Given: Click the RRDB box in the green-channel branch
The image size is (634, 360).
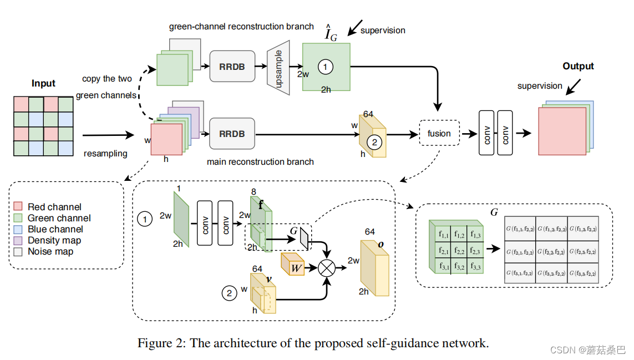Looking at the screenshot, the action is click(x=232, y=67).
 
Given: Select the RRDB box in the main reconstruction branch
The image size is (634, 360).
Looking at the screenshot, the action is click(x=232, y=134).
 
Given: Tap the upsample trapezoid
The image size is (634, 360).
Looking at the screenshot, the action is click(x=278, y=68).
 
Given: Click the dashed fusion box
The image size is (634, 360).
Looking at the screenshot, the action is click(x=439, y=133).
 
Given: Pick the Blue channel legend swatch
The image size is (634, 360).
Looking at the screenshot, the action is click(x=18, y=229).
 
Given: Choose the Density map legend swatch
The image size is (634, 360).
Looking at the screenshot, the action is click(x=18, y=240).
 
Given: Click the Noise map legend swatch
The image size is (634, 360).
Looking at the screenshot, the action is click(x=18, y=252).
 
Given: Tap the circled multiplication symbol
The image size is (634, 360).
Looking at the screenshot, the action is click(x=327, y=268).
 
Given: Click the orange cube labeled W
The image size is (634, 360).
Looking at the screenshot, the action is click(x=292, y=264).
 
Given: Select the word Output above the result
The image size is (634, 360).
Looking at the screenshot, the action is click(x=578, y=67).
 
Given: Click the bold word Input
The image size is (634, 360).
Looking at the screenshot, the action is click(x=43, y=83).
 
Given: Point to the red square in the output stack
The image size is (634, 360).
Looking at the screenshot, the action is click(x=562, y=131).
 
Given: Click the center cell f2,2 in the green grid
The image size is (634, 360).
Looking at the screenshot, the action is click(x=459, y=251).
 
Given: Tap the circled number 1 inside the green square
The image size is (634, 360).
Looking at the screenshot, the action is click(x=326, y=67).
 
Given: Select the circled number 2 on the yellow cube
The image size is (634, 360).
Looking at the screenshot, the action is click(x=374, y=142).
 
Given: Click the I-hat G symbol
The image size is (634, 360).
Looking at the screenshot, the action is click(x=331, y=33).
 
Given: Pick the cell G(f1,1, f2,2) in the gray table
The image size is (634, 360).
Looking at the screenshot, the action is click(x=520, y=229).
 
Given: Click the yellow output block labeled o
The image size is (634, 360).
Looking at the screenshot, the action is click(x=375, y=268).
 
